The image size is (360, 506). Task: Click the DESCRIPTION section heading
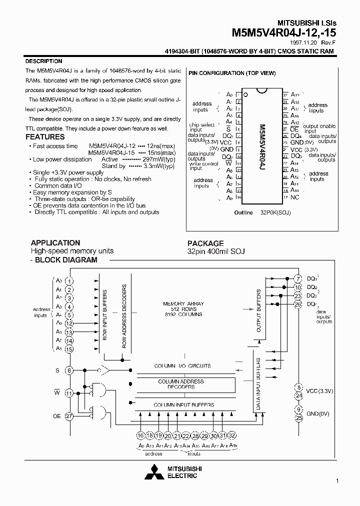(x=43, y=61)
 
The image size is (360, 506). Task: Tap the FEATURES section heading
(x=45, y=137)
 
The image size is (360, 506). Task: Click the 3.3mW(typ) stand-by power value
(x=159, y=166)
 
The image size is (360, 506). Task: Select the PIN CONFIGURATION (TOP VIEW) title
(x=232, y=73)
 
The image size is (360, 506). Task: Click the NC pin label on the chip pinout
(x=295, y=197)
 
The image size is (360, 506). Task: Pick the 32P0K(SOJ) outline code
(x=275, y=212)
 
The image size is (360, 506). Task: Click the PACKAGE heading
(x=205, y=243)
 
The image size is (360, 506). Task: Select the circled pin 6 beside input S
(x=69, y=370)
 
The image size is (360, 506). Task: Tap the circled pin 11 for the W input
(x=69, y=392)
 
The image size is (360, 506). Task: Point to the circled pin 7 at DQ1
(x=298, y=278)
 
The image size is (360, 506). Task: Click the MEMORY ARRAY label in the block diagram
(x=183, y=304)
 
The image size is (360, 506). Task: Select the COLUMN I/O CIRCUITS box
(x=182, y=366)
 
